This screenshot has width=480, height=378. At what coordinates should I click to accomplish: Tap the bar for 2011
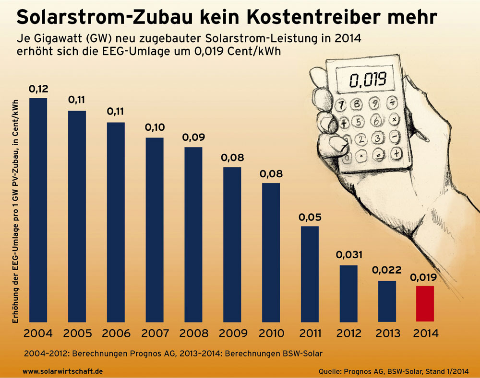point(310,274)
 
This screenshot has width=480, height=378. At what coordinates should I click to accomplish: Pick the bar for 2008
point(193,234)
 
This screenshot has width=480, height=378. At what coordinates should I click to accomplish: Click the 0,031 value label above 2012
point(349,254)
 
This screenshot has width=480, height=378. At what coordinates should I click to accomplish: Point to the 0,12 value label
point(38,89)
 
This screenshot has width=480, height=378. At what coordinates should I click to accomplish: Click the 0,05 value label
point(310,217)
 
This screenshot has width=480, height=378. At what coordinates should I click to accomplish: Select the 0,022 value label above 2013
point(387,270)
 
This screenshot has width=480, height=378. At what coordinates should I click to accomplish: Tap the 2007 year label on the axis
point(155,333)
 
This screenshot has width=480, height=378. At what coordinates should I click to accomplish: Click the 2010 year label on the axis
point(271,333)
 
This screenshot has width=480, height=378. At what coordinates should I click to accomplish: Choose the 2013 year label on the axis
point(387,333)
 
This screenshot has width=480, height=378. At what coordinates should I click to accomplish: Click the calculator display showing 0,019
point(368,79)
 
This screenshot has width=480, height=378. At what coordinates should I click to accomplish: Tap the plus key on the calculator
point(396,153)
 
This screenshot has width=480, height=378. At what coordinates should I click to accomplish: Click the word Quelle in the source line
point(330,371)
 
